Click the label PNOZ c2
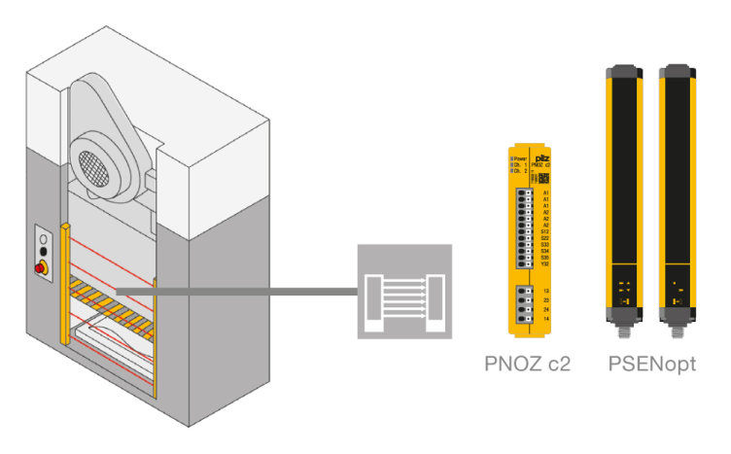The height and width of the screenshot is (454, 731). point(528,366)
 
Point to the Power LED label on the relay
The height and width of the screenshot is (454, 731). point(518,157)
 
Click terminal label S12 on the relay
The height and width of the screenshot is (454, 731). point(545,230)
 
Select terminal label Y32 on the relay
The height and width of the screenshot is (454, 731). point(545,264)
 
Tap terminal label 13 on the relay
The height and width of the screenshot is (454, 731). point(546,292)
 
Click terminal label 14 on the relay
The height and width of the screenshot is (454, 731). point(546,318)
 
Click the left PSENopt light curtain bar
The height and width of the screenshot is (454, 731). point(621,194)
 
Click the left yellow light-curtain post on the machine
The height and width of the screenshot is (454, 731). point(65,282)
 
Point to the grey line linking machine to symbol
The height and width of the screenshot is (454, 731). point(233,291)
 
